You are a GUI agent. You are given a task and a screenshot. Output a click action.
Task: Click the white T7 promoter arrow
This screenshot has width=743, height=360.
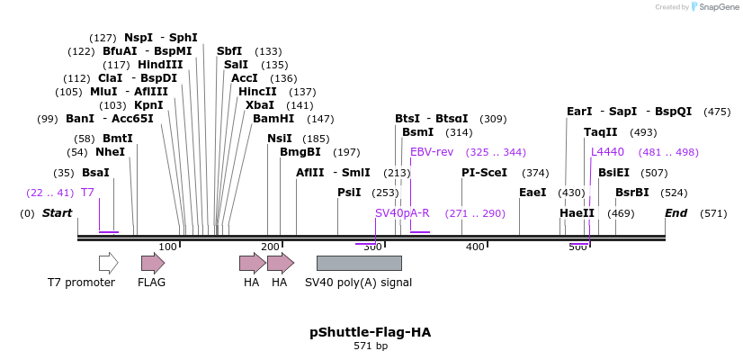(108, 263)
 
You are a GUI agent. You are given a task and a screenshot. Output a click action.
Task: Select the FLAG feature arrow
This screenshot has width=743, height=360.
(153, 263)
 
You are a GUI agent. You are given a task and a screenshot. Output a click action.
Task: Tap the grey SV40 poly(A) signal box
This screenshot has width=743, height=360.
(359, 263)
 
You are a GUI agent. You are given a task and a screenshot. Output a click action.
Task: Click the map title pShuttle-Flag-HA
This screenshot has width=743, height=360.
(370, 332)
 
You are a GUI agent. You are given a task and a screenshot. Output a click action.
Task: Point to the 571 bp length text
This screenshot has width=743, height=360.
(370, 346)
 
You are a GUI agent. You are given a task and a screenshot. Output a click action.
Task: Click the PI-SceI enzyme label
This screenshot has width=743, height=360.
(484, 173)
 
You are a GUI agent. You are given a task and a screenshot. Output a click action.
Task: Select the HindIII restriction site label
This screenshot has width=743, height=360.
(160, 65)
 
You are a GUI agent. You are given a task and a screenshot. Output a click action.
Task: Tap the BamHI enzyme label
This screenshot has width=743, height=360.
(273, 119)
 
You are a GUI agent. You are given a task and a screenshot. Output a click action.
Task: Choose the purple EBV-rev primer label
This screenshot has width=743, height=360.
(432, 152)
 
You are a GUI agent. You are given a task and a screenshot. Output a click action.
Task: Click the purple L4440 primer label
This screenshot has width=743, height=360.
(607, 152)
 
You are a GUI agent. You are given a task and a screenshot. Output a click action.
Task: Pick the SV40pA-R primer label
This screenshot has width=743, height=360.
(402, 213)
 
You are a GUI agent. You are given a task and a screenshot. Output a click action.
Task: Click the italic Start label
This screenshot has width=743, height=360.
(57, 213)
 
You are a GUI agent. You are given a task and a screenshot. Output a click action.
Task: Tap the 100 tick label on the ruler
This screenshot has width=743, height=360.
(167, 247)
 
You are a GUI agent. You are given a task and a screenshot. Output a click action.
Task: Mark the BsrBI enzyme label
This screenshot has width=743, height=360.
(631, 193)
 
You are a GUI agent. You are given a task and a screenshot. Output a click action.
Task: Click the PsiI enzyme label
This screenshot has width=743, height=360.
(349, 193)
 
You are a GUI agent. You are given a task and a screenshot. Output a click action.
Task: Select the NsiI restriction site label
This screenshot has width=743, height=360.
(280, 139)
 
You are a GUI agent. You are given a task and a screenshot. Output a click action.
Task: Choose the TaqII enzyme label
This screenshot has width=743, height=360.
(600, 132)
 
